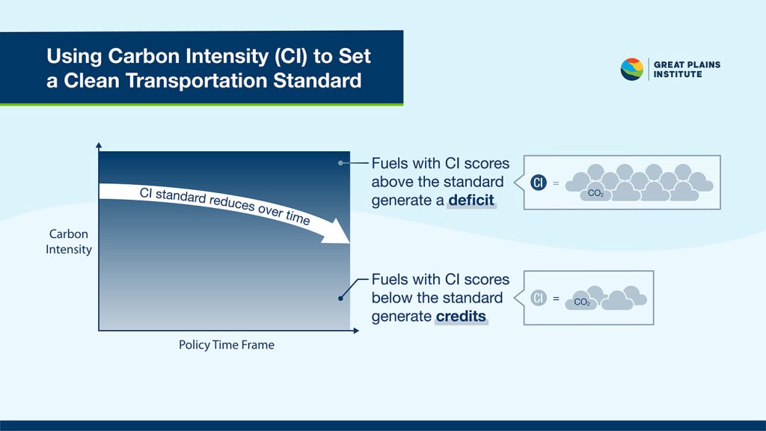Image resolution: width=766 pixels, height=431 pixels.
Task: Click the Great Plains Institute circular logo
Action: tap(631, 70)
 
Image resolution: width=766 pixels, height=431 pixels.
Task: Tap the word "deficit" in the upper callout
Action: tap(471, 200)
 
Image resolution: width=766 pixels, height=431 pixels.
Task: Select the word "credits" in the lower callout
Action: tap(461, 317)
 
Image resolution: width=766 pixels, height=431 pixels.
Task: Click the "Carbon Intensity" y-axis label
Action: tap(68, 242)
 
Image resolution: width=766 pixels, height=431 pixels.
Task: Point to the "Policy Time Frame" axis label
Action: tap(226, 344)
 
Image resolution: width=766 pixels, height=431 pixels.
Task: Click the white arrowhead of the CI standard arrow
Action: tap(337, 231)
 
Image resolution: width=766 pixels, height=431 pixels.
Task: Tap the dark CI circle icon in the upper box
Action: tap(539, 183)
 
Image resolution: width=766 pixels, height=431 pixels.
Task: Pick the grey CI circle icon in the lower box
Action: tap(539, 298)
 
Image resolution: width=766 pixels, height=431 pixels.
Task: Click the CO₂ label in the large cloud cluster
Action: tap(595, 194)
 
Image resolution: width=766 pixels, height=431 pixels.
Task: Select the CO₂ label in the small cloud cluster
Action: tap(582, 302)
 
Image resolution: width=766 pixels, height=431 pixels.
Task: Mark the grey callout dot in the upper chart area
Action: tap(340, 163)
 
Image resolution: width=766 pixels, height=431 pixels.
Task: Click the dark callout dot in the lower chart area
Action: tap(340, 298)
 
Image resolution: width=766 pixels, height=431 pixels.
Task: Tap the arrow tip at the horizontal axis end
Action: tap(358, 331)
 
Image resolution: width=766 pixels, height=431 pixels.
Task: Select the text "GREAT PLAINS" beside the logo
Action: tap(687, 64)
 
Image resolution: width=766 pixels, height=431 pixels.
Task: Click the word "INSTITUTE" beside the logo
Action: tap(678, 74)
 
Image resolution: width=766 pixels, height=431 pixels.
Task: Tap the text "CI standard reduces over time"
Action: tap(224, 206)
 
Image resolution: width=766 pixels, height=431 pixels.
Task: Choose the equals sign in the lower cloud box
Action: tap(556, 298)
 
